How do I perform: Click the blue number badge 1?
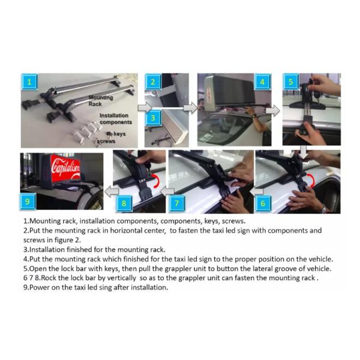[x=29, y=82]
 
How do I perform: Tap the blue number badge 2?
[x=152, y=82]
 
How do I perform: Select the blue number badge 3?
[x=152, y=118]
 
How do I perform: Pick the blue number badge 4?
[x=262, y=82]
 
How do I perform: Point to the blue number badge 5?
[x=290, y=82]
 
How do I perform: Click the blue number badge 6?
[x=263, y=203]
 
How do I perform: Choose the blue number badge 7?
[x=177, y=203]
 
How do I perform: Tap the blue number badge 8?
[x=124, y=203]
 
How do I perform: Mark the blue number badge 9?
[x=28, y=202]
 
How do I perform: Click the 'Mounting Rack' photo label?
[x=101, y=101]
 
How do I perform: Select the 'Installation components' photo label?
[x=115, y=119]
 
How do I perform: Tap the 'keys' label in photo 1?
[x=119, y=134]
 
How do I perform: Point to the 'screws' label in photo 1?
[x=106, y=141]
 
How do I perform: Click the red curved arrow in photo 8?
[x=157, y=181]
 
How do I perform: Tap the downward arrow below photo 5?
[x=304, y=152]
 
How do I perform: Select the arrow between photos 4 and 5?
[x=273, y=111]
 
